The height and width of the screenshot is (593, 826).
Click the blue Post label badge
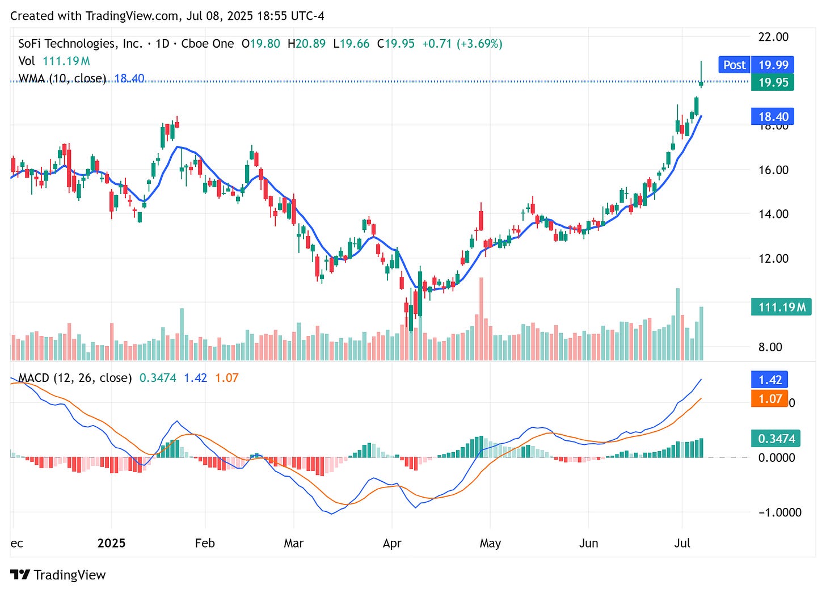coord(734,65)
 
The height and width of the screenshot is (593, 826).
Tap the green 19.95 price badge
coord(773,82)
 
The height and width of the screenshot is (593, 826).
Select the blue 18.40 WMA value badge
coord(773,117)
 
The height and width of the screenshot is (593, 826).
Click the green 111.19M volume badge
coord(781,308)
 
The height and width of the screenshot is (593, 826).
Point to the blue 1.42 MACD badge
coord(770,380)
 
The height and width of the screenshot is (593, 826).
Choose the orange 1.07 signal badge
coord(770,399)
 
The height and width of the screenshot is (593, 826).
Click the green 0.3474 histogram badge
coord(777,439)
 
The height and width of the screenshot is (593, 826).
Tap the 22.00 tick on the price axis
coord(773,37)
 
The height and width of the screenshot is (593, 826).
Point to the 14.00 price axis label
coord(773,214)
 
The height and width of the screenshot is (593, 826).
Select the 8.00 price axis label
coord(770,347)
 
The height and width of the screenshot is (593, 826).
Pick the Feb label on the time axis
coord(205,543)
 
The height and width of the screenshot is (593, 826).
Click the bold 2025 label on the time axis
coord(111,543)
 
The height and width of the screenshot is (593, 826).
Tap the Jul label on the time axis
coord(682,543)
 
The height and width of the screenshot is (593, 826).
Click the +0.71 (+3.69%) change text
coord(462,44)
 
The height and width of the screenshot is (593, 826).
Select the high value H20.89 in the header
coord(306,44)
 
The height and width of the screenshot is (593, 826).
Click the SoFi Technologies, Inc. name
coord(80,44)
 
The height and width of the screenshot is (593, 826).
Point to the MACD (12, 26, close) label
coord(75,378)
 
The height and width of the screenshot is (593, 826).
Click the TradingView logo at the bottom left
coord(58,575)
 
